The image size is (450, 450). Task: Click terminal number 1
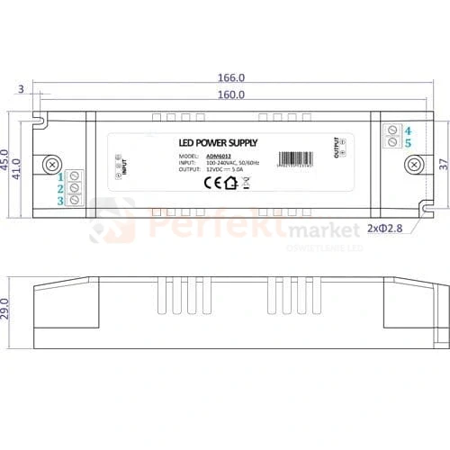coord(61,177)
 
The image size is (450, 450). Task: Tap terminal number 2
coord(61,189)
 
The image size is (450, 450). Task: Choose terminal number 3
coord(61,202)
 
